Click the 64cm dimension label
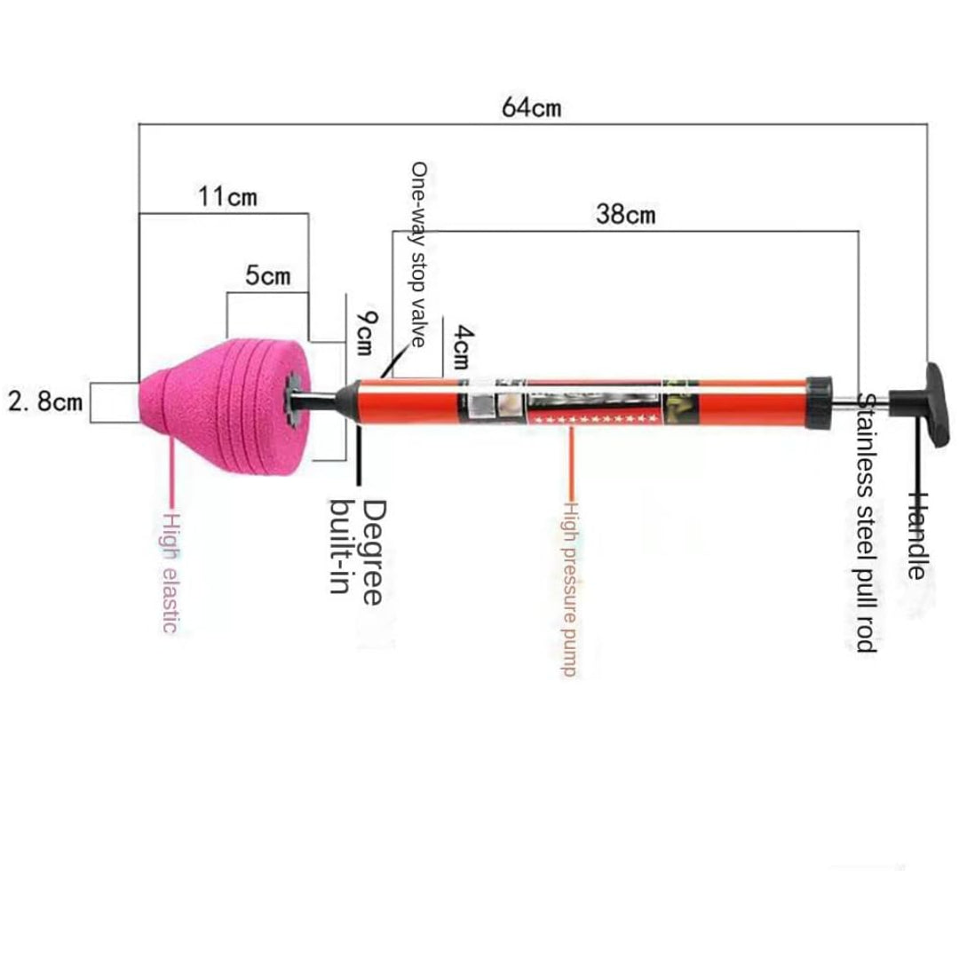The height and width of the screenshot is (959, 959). pyautogui.click(x=531, y=107)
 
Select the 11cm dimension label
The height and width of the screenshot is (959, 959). pyautogui.click(x=226, y=195)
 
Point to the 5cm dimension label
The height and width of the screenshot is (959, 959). pyautogui.click(x=267, y=275)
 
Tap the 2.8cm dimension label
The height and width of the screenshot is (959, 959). pyautogui.click(x=45, y=401)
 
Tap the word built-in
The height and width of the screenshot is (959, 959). pyautogui.click(x=341, y=546)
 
